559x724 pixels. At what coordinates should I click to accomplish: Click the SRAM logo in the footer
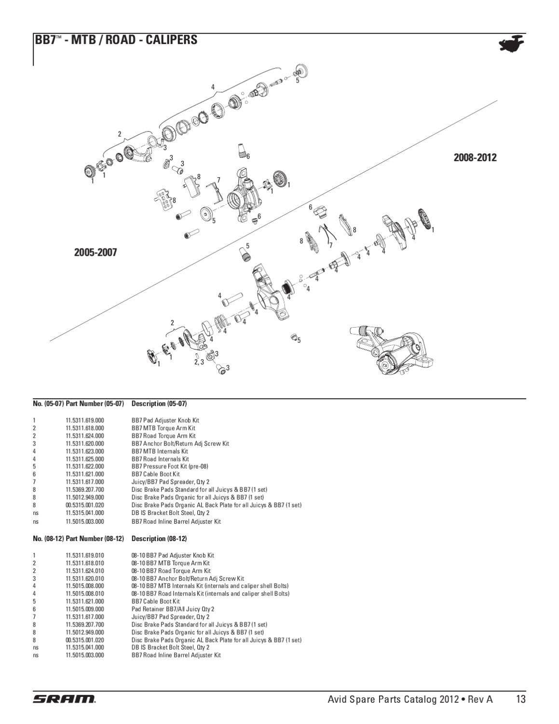tap(65, 699)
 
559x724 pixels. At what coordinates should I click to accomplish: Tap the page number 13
tap(521, 699)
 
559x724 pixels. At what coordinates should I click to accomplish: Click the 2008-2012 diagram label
tap(475, 157)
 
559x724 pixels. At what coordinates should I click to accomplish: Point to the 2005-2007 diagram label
tap(95, 252)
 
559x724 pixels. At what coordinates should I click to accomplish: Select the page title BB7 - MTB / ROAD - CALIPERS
tap(116, 40)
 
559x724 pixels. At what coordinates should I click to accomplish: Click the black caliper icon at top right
tap(511, 43)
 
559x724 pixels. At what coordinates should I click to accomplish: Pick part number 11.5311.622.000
tap(85, 466)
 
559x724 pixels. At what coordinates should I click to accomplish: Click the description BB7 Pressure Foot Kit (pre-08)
tap(170, 466)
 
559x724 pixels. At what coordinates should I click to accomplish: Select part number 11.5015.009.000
tap(85, 610)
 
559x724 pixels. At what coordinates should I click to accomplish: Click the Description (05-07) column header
tap(159, 404)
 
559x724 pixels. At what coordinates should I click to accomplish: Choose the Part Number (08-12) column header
tap(95, 539)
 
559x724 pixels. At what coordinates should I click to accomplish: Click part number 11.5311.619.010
tap(85, 556)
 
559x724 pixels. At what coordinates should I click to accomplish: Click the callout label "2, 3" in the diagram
tap(199, 362)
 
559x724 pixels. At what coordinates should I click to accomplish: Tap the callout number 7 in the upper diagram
tap(218, 180)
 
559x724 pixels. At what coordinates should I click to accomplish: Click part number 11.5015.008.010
tap(85, 594)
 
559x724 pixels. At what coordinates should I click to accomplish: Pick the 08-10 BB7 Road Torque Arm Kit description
tap(171, 571)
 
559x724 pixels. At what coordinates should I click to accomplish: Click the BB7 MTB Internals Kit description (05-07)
tap(160, 451)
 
